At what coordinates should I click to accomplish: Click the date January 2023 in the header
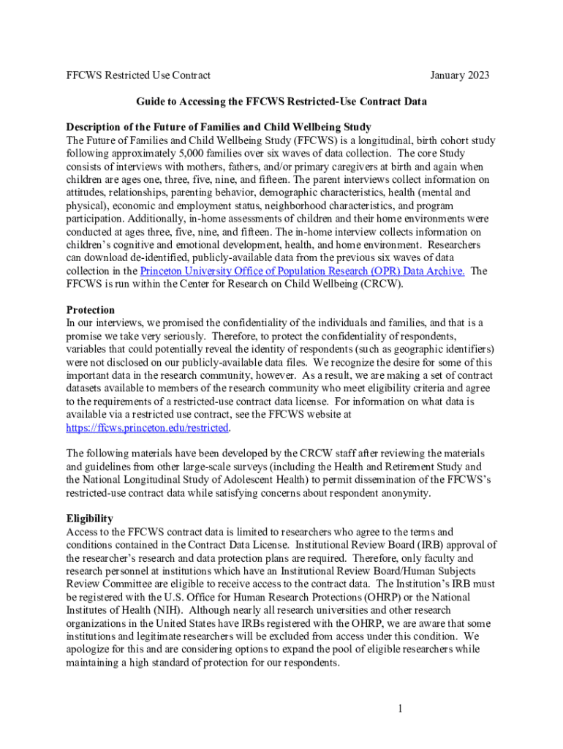[x=460, y=75]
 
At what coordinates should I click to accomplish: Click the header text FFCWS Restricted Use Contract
[x=138, y=75]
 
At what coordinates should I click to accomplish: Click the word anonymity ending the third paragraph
[x=405, y=494]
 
